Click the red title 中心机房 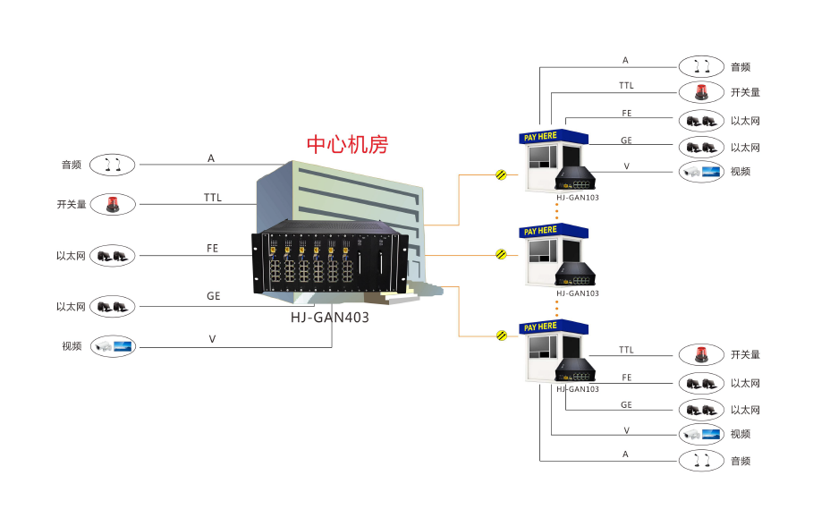pos(347,144)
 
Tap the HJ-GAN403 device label pos(329,317)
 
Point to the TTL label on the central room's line pos(212,198)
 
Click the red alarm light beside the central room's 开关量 pos(113,205)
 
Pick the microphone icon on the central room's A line pos(113,165)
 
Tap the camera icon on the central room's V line pos(113,345)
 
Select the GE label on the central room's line pos(213,296)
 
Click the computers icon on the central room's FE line pos(113,256)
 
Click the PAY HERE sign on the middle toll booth pos(540,231)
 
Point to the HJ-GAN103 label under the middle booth pos(577,293)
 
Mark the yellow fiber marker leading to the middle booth pos(501,254)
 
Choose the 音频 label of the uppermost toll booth pos(740,67)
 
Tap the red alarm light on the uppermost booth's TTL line pos(700,92)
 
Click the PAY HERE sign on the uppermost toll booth pos(540,137)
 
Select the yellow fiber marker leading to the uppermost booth pos(501,174)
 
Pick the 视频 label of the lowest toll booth pos(740,435)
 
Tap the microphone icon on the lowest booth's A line pos(700,461)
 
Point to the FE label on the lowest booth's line pos(626,378)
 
